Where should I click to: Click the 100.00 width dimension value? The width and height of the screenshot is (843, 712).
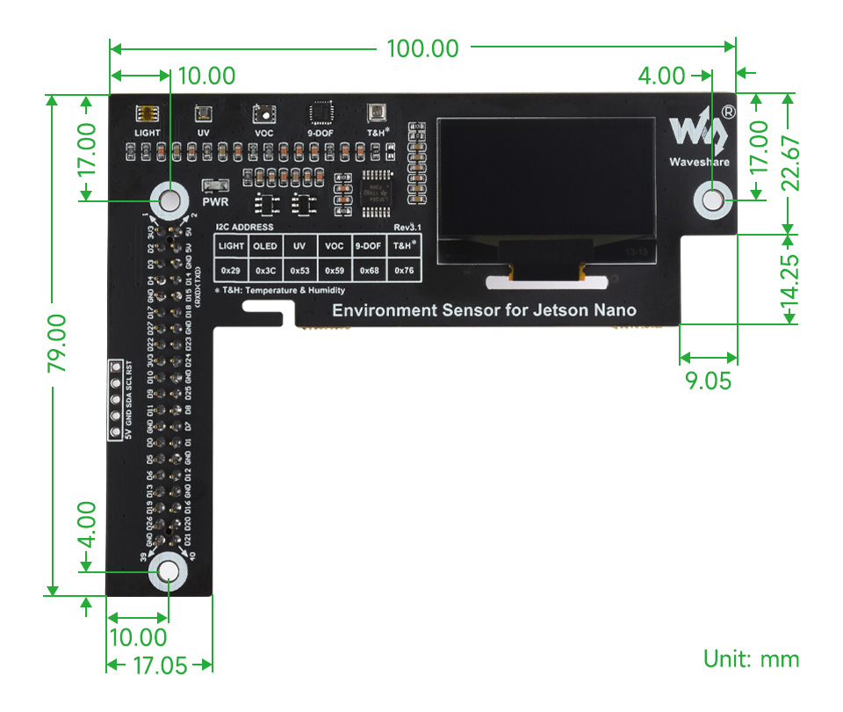422,49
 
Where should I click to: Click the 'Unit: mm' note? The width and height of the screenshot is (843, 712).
751,658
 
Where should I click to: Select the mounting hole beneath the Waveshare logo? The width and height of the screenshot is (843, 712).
713,200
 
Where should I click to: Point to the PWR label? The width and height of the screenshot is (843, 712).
214,201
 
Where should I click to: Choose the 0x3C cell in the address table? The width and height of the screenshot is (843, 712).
265,270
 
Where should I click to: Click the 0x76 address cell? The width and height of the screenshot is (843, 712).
404,270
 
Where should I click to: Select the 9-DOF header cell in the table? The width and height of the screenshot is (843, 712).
369,246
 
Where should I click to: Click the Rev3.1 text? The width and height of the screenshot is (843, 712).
407,226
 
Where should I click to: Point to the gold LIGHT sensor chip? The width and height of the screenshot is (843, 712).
147,113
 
